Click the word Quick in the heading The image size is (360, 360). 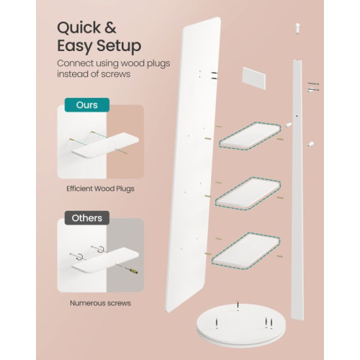tap(79, 28)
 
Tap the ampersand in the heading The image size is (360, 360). tap(110, 27)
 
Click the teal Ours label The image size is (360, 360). tap(87, 105)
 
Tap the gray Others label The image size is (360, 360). tap(87, 218)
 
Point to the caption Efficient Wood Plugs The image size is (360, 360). tap(100, 189)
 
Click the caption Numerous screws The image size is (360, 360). tap(100, 303)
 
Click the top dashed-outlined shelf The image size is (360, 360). tap(250, 135)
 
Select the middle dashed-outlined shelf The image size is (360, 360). tap(248, 193)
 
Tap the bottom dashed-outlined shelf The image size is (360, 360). tap(246, 250)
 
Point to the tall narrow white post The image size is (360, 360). tap(297, 189)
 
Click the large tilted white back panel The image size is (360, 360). tap(193, 166)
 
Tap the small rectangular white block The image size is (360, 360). tap(254, 78)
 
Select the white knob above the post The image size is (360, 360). tap(298, 28)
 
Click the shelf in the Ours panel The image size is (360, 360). tap(106, 145)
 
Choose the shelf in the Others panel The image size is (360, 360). tap(106, 260)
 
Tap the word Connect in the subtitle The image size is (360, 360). tap(75, 63)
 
